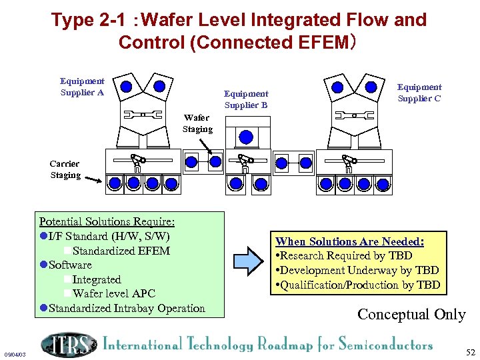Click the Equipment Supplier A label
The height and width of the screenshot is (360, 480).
[82, 87]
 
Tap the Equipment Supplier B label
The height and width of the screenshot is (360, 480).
[245, 99]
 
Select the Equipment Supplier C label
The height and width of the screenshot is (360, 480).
[419, 93]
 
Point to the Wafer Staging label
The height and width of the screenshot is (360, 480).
[197, 123]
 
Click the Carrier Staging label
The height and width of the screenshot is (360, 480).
[65, 169]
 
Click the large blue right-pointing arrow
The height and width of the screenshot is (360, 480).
[249, 262]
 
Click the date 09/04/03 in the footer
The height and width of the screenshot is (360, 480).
[14, 354]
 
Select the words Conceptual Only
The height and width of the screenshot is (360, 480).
[411, 314]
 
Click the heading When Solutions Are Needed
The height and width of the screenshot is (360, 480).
[350, 241]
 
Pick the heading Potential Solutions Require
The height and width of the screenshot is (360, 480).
[107, 221]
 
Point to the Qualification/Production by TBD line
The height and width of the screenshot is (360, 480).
[357, 285]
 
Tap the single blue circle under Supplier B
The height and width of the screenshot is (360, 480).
[247, 137]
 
